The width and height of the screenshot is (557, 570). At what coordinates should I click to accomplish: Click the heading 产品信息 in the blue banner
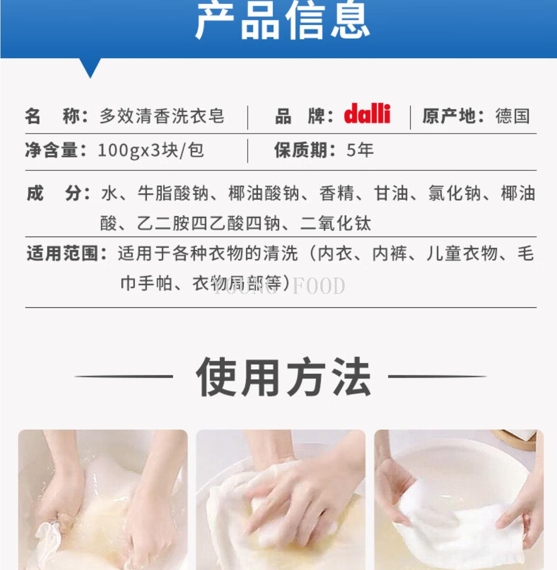(282, 21)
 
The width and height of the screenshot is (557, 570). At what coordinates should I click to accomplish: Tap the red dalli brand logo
(367, 114)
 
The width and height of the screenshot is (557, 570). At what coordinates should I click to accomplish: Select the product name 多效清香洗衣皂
(162, 116)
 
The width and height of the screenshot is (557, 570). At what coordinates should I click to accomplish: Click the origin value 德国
(512, 116)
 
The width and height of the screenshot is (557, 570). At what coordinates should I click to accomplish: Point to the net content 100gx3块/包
(150, 150)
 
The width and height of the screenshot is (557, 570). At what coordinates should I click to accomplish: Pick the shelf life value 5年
(360, 150)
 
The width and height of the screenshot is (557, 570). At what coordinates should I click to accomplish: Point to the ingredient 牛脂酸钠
(173, 193)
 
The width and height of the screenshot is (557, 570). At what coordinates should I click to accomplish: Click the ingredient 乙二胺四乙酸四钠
(209, 224)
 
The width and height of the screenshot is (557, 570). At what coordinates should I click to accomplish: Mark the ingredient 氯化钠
(455, 193)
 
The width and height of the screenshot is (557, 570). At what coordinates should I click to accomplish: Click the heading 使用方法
(283, 377)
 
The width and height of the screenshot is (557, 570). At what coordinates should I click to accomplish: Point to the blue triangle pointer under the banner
(90, 67)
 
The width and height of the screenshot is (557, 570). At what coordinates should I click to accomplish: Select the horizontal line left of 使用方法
(123, 376)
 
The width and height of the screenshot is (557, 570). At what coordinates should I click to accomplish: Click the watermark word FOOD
(319, 286)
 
